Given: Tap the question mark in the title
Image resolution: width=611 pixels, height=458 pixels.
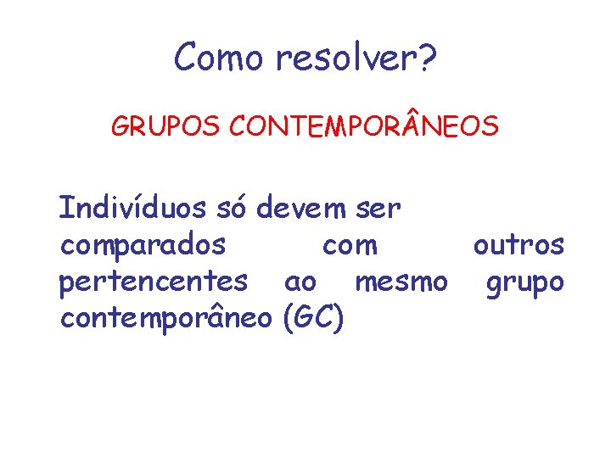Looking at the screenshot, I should pyautogui.click(x=428, y=58).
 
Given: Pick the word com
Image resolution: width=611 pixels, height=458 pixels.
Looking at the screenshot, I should pyautogui.click(x=350, y=246).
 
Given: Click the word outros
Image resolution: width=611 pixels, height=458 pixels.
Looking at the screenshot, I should pyautogui.click(x=519, y=245).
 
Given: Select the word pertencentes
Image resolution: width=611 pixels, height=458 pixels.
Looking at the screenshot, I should pyautogui.click(x=154, y=281).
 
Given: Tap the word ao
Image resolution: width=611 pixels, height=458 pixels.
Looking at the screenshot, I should pyautogui.click(x=301, y=282).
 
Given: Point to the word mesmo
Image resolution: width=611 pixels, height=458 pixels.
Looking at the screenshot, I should pyautogui.click(x=401, y=281).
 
